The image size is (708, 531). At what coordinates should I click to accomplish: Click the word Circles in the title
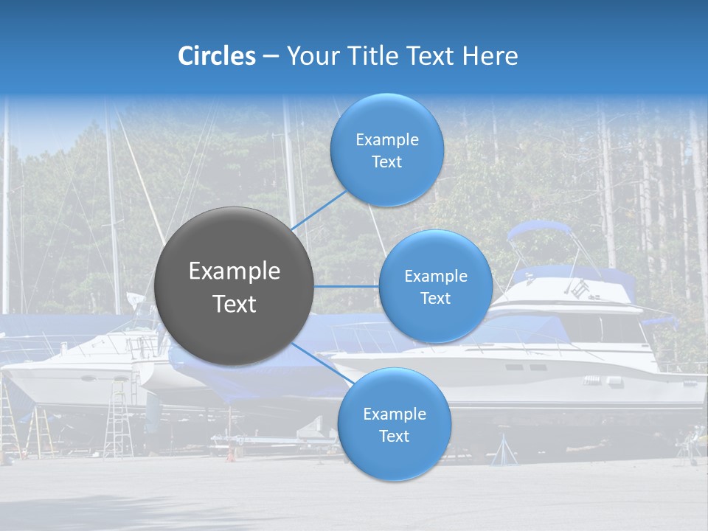(216, 56)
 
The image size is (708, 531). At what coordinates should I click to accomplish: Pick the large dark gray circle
(234, 286)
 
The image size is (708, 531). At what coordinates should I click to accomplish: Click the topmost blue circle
(386, 150)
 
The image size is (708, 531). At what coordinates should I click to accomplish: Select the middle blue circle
(435, 286)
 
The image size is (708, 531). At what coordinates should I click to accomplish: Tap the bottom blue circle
(394, 424)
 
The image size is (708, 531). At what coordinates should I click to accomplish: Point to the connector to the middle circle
(346, 285)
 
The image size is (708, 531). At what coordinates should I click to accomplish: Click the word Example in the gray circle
(235, 271)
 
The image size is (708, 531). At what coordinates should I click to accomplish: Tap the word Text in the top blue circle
(386, 162)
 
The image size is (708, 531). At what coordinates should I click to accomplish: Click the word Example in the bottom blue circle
(394, 414)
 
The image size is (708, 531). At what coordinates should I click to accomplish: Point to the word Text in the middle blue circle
(435, 299)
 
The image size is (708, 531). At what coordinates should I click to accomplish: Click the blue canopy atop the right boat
(538, 230)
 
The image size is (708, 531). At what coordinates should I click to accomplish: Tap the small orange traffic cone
(230, 454)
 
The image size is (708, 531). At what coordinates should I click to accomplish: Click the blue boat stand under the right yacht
(504, 449)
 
